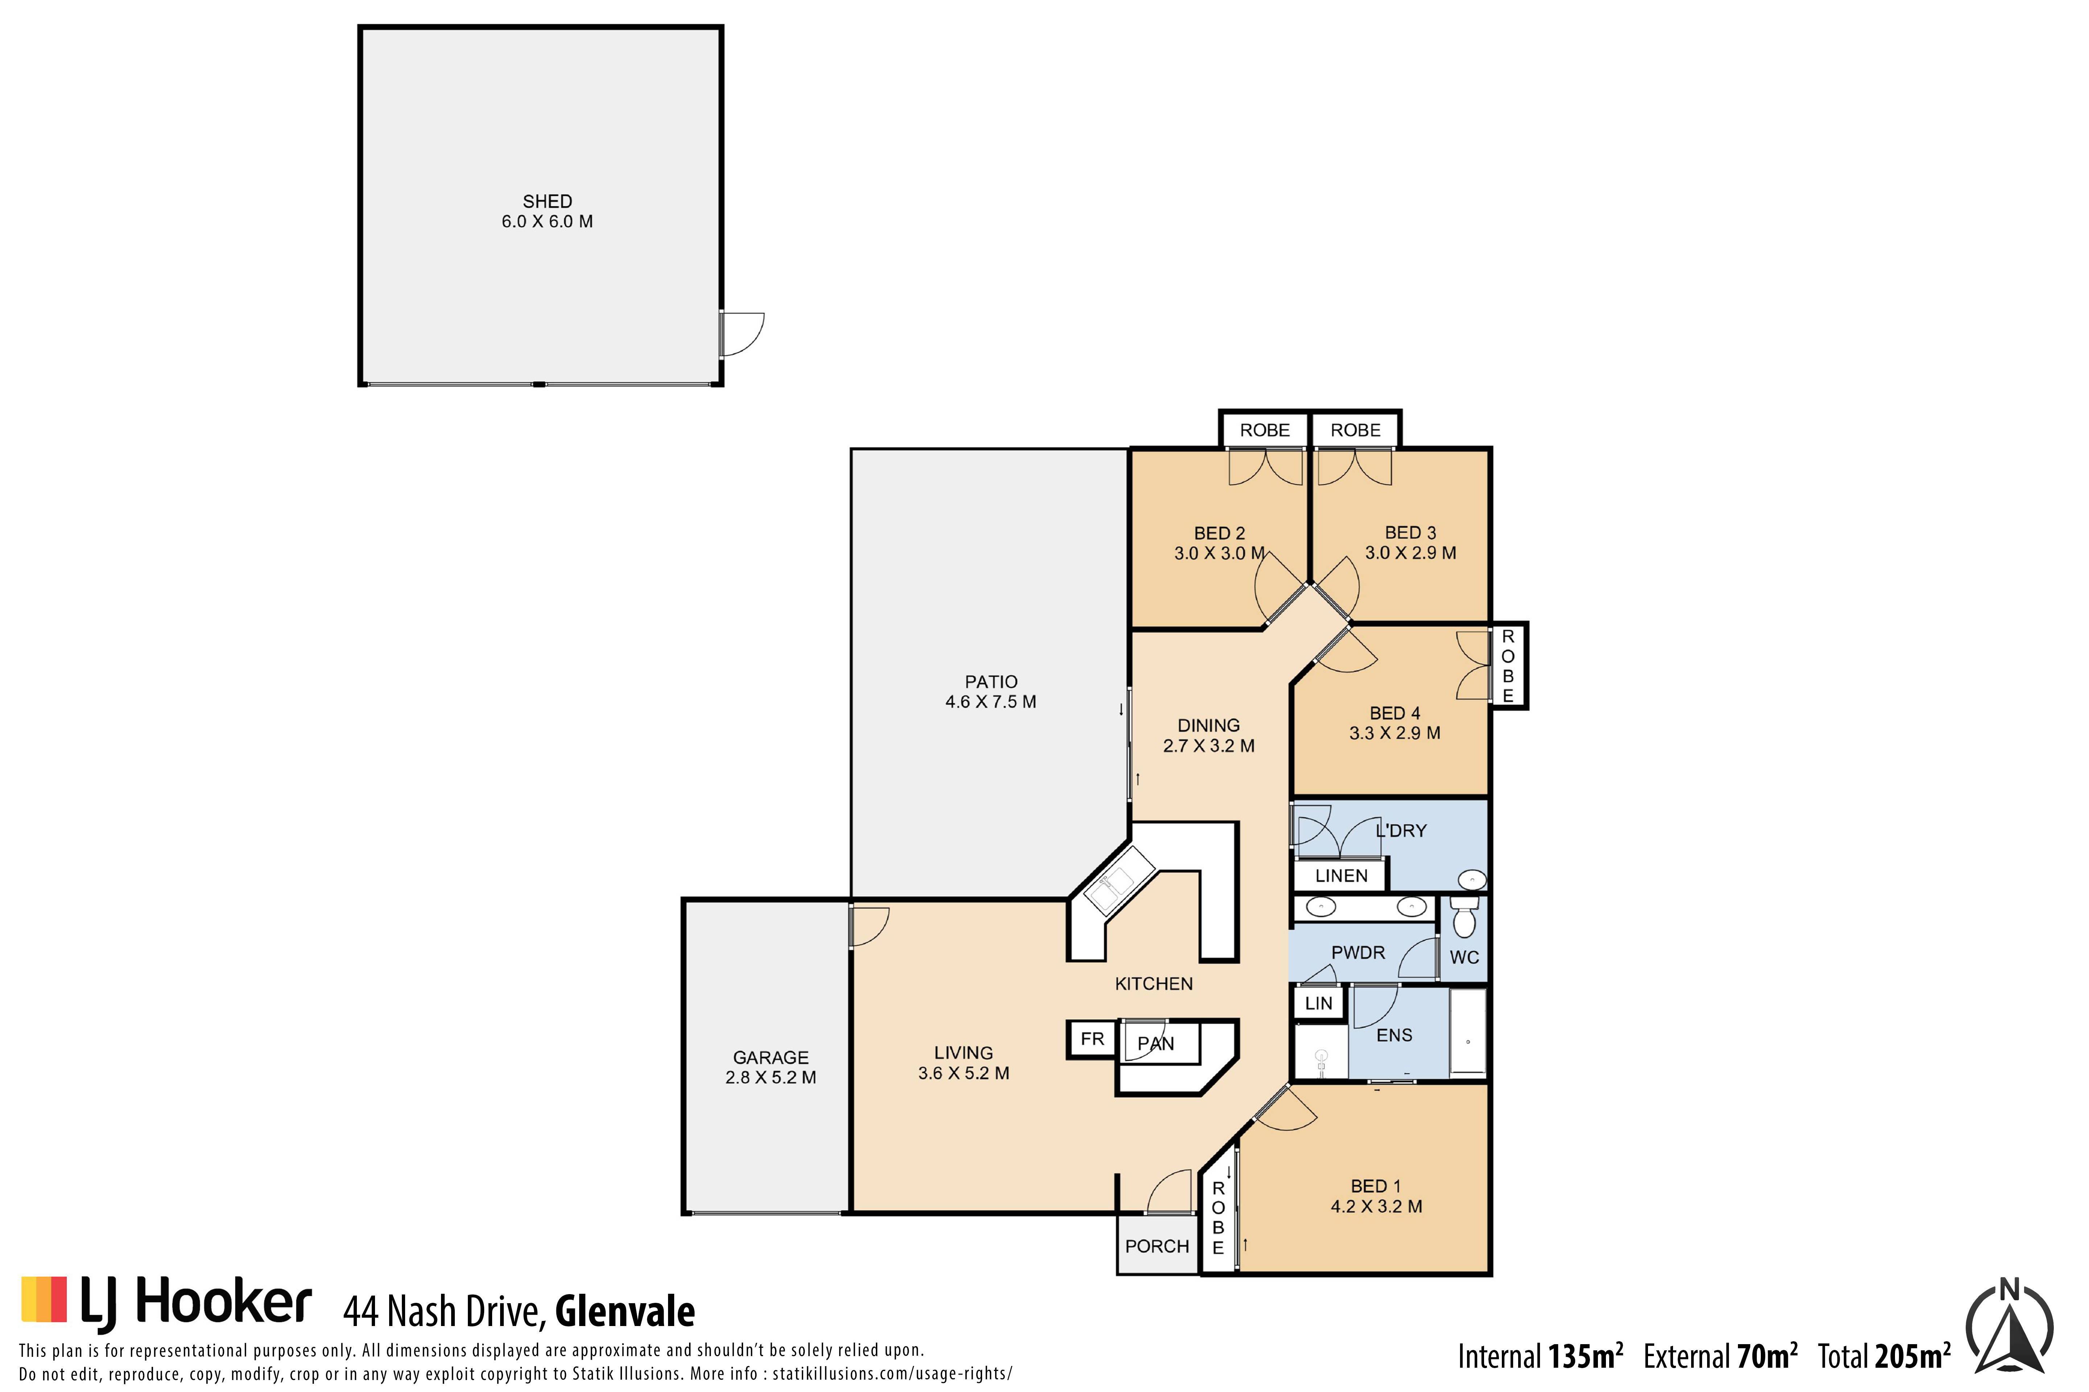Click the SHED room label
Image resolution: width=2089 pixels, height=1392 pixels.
(x=547, y=202)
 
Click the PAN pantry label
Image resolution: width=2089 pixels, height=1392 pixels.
(x=1155, y=1044)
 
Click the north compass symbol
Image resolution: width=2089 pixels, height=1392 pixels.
(x=2009, y=1326)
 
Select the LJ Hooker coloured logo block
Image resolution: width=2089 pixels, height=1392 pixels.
(x=44, y=1300)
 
